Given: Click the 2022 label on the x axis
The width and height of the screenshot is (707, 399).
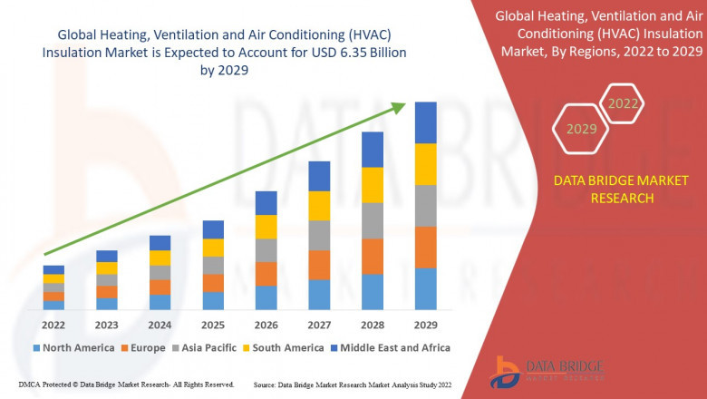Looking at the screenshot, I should coord(53,324).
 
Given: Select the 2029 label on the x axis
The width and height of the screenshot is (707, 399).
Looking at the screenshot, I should coord(425,324).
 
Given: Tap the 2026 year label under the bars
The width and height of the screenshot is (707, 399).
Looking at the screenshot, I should coord(266,324).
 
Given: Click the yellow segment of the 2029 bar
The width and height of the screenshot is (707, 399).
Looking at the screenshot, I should coord(425,164).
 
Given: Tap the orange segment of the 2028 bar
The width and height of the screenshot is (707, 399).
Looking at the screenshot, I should coord(373,257).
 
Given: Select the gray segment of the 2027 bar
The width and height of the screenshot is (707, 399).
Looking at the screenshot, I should coord(319,235).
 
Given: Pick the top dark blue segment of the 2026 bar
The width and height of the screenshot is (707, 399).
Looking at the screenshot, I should coord(266,202).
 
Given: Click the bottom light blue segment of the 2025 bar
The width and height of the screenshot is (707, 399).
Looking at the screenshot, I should coord(213,301).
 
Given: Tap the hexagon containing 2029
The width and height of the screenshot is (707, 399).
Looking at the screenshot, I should coord(581,130).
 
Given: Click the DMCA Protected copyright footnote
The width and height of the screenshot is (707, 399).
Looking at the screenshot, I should coord(126,385).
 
